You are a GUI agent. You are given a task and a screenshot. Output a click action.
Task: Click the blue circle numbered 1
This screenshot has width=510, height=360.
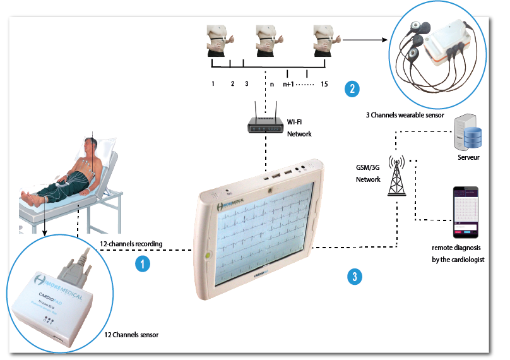click(144, 263)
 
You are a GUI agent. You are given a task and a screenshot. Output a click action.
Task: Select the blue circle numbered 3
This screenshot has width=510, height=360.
click(355, 276)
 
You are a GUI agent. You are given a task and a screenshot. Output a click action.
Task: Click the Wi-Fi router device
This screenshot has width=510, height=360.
click(265, 124)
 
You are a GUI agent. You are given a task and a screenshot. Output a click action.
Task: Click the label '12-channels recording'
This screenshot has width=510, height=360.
click(132, 243)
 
